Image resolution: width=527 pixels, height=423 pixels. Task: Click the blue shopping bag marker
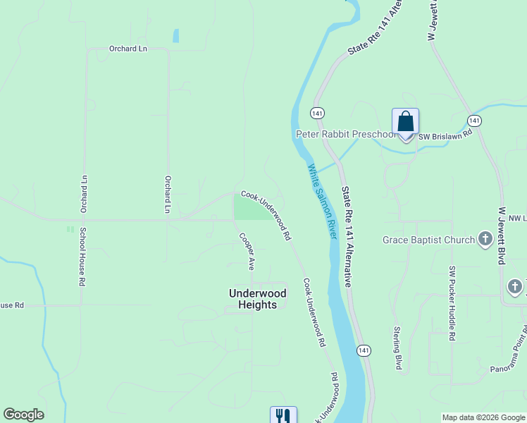pyautogui.click(x=405, y=123)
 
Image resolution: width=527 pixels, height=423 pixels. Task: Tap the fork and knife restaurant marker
pyautogui.click(x=283, y=415)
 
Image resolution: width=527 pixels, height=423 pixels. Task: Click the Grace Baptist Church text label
pyautogui.click(x=428, y=240)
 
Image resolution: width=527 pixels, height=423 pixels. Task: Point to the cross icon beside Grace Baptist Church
pyautogui.click(x=485, y=240)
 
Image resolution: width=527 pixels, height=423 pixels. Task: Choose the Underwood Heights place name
pyautogui.click(x=258, y=299)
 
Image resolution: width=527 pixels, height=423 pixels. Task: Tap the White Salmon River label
pyautogui.click(x=321, y=202)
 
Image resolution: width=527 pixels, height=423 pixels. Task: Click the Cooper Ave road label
pyautogui.click(x=246, y=252)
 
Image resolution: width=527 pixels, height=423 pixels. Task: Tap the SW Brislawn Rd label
pyautogui.click(x=445, y=135)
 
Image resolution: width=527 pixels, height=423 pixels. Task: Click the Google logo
pyautogui.click(x=23, y=415)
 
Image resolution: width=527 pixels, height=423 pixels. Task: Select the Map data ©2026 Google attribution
pyautogui.click(x=483, y=417)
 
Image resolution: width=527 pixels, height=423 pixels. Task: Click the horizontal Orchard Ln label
pyautogui.click(x=128, y=49)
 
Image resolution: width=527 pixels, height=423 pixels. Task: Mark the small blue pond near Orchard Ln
pyautogui.click(x=175, y=35)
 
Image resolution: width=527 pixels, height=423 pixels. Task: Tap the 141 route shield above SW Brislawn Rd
pyautogui.click(x=474, y=121)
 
